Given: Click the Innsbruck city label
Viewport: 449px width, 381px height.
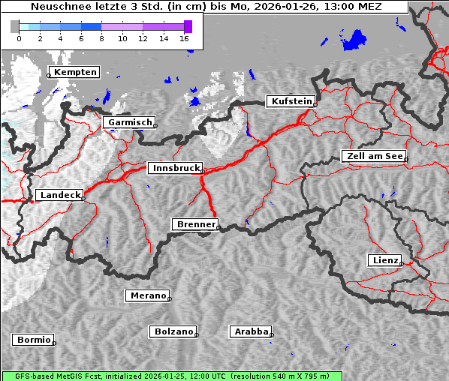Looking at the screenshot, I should [x=174, y=169].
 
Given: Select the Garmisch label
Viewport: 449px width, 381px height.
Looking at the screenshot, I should [x=130, y=122].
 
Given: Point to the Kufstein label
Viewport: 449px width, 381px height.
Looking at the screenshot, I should [x=291, y=101].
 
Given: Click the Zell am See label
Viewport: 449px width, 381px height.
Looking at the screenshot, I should [x=374, y=156].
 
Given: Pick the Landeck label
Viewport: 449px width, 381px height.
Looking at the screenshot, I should [x=59, y=195].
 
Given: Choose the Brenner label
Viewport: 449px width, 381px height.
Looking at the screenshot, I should [x=196, y=224].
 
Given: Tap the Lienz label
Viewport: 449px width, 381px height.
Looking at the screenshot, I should [x=384, y=260].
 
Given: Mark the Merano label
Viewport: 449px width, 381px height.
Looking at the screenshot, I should [x=147, y=295].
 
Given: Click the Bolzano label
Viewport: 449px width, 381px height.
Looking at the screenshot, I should [x=173, y=331].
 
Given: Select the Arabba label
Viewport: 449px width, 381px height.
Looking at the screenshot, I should [x=251, y=331].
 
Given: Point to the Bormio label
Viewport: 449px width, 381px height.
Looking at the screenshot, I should [x=34, y=340].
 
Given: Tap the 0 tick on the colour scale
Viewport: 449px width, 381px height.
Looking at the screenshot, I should [x=19, y=38].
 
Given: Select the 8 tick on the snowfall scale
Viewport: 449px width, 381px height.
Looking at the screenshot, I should [x=101, y=38].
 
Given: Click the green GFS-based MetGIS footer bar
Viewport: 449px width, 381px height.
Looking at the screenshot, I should [x=172, y=376].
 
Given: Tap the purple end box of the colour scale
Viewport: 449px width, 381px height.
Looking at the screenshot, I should [x=188, y=26].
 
